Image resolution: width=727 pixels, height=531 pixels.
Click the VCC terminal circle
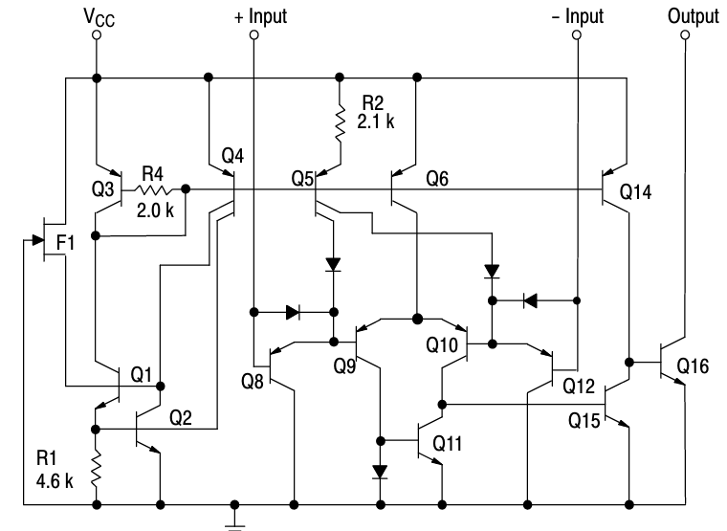click(96, 35)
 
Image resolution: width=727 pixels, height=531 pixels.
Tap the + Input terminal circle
click(253, 35)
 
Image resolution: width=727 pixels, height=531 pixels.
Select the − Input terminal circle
click(577, 35)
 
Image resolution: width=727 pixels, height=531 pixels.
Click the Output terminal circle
click(685, 35)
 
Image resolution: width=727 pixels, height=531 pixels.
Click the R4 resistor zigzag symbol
click(154, 189)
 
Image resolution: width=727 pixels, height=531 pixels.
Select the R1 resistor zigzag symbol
click(96, 470)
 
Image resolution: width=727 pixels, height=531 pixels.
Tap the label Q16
click(695, 366)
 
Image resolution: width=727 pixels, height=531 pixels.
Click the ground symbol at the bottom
click(234, 521)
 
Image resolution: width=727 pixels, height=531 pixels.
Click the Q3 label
click(103, 189)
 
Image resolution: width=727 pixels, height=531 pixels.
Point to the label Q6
click(438, 177)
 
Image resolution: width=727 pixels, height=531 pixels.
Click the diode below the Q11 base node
click(381, 472)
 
